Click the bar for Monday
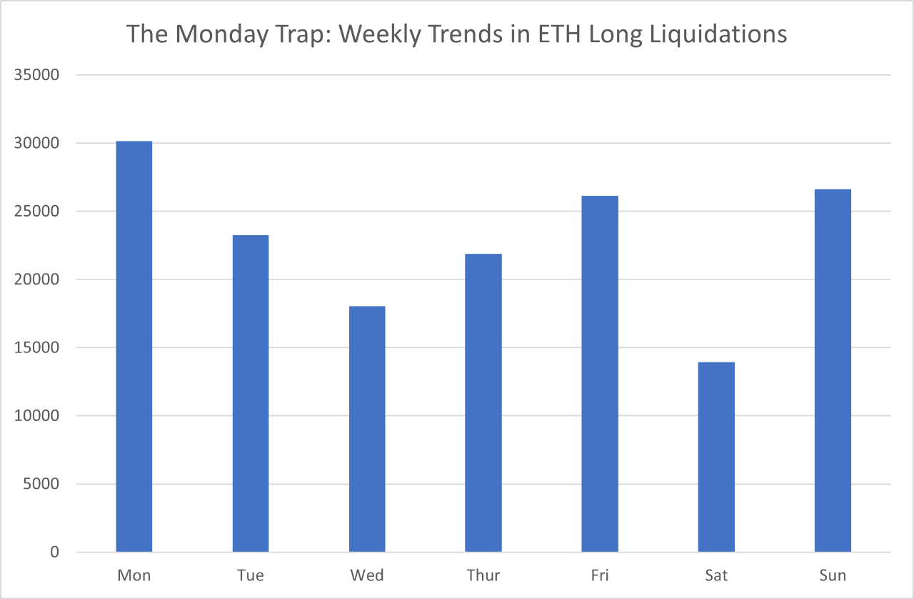click(x=134, y=347)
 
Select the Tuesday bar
click(x=250, y=393)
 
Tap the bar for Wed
click(x=367, y=429)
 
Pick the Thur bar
click(x=483, y=402)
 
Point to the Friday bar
click(x=600, y=374)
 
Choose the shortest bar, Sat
click(x=716, y=457)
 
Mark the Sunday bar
click(x=833, y=370)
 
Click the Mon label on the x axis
click(x=134, y=575)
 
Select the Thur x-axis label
click(x=483, y=575)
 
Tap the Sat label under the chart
click(x=716, y=575)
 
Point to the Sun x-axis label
click(x=833, y=575)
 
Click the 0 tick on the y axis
click(x=55, y=553)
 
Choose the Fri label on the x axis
click(x=600, y=575)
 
